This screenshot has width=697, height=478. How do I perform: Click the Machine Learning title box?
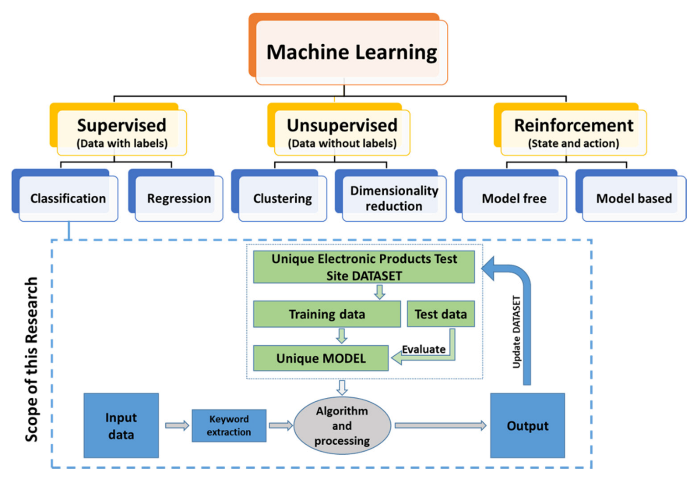(x=351, y=52)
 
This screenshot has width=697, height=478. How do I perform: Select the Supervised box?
(x=122, y=132)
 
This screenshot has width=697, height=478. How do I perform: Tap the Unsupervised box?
(x=341, y=132)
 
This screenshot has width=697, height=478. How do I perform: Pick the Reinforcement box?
(x=573, y=132)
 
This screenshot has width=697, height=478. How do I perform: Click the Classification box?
(x=68, y=198)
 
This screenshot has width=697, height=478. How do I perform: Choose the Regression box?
(x=179, y=198)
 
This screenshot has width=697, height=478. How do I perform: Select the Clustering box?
(x=282, y=198)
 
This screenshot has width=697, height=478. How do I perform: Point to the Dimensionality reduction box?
(x=394, y=198)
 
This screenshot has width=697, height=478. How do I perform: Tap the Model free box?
(x=514, y=198)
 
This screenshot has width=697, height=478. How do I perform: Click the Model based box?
(x=634, y=198)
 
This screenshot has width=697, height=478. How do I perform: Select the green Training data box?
(x=327, y=314)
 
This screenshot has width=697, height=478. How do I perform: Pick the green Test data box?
(x=440, y=314)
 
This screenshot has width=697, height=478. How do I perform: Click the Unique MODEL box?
(x=321, y=358)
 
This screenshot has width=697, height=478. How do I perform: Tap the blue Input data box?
(x=121, y=426)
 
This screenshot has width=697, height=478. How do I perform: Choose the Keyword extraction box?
(x=229, y=426)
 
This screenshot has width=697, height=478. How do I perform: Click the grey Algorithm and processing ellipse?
(x=342, y=426)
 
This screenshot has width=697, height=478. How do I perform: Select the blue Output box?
(x=527, y=426)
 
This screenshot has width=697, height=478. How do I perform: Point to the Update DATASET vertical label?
(x=516, y=332)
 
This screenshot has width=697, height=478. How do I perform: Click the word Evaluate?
(x=423, y=349)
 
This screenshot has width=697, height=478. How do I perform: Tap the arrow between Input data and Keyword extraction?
(x=177, y=426)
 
